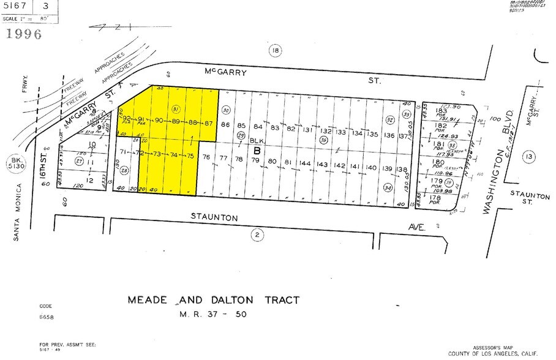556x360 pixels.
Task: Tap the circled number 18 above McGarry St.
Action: (x=276, y=51)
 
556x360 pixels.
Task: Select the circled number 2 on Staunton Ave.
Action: (x=258, y=234)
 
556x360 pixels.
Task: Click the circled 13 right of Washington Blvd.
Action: (x=527, y=157)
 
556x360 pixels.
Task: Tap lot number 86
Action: (x=225, y=126)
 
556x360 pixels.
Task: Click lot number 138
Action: (x=402, y=169)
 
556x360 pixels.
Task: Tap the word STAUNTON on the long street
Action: (x=214, y=217)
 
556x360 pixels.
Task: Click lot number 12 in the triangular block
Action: (x=90, y=180)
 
